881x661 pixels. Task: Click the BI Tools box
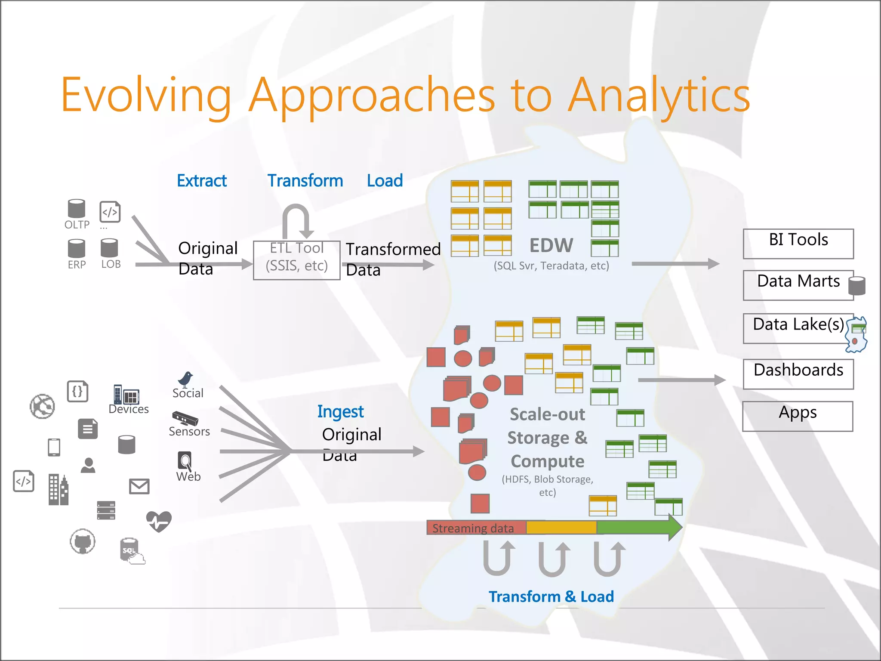click(798, 244)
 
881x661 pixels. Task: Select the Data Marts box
click(798, 285)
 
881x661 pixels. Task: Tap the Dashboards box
click(798, 374)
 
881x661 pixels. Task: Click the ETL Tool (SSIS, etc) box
click(296, 260)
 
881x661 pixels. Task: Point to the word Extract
click(202, 181)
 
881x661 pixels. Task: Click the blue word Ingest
click(340, 412)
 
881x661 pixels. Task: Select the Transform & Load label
click(551, 597)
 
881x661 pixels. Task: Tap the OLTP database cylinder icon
click(77, 209)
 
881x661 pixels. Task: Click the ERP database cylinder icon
click(77, 248)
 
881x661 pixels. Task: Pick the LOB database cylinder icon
click(109, 248)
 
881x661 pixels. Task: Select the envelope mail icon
click(139, 486)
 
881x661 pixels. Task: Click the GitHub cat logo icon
click(83, 542)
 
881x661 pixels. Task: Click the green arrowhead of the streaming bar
click(675, 527)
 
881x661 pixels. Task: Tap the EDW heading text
click(551, 246)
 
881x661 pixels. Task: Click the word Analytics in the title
click(659, 96)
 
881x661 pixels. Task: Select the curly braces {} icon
click(78, 392)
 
